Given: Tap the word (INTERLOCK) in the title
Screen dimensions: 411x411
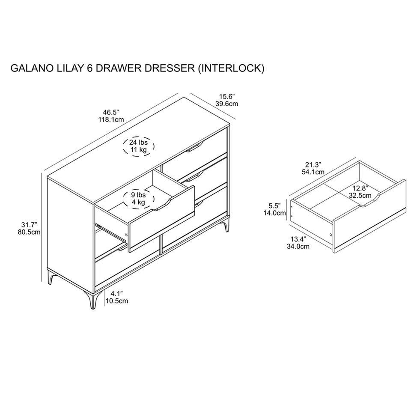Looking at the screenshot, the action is point(230,68).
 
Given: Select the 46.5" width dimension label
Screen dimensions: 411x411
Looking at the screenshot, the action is point(111,113).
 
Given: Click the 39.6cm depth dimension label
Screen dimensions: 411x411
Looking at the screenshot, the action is point(227,104).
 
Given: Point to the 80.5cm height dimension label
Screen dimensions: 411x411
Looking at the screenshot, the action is point(29,232).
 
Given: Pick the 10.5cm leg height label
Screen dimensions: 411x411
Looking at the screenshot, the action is point(116,301).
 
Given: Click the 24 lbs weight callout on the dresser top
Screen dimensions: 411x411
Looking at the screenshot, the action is point(138,142).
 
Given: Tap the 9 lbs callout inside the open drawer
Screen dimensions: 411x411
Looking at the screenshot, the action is point(138,195).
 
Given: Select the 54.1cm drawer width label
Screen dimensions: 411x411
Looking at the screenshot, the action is point(313,172).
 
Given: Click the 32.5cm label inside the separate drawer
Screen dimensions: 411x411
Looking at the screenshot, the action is point(360,195).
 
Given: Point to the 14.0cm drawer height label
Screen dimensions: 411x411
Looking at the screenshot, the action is point(274,213).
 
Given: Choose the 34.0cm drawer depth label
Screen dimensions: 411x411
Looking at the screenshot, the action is point(298,247).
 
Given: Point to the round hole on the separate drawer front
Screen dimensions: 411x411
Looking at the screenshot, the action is point(330,234).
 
